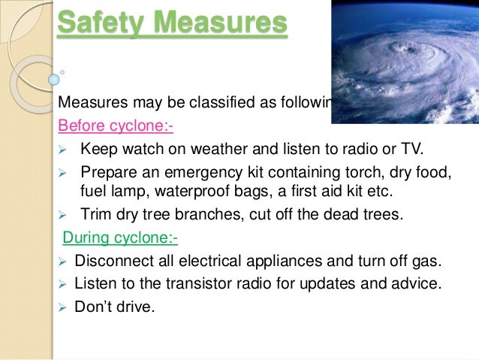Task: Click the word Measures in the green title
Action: [x=218, y=24]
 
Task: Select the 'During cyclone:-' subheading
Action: [x=120, y=238]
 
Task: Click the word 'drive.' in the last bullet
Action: [x=133, y=307]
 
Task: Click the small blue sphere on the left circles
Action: [x=54, y=78]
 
